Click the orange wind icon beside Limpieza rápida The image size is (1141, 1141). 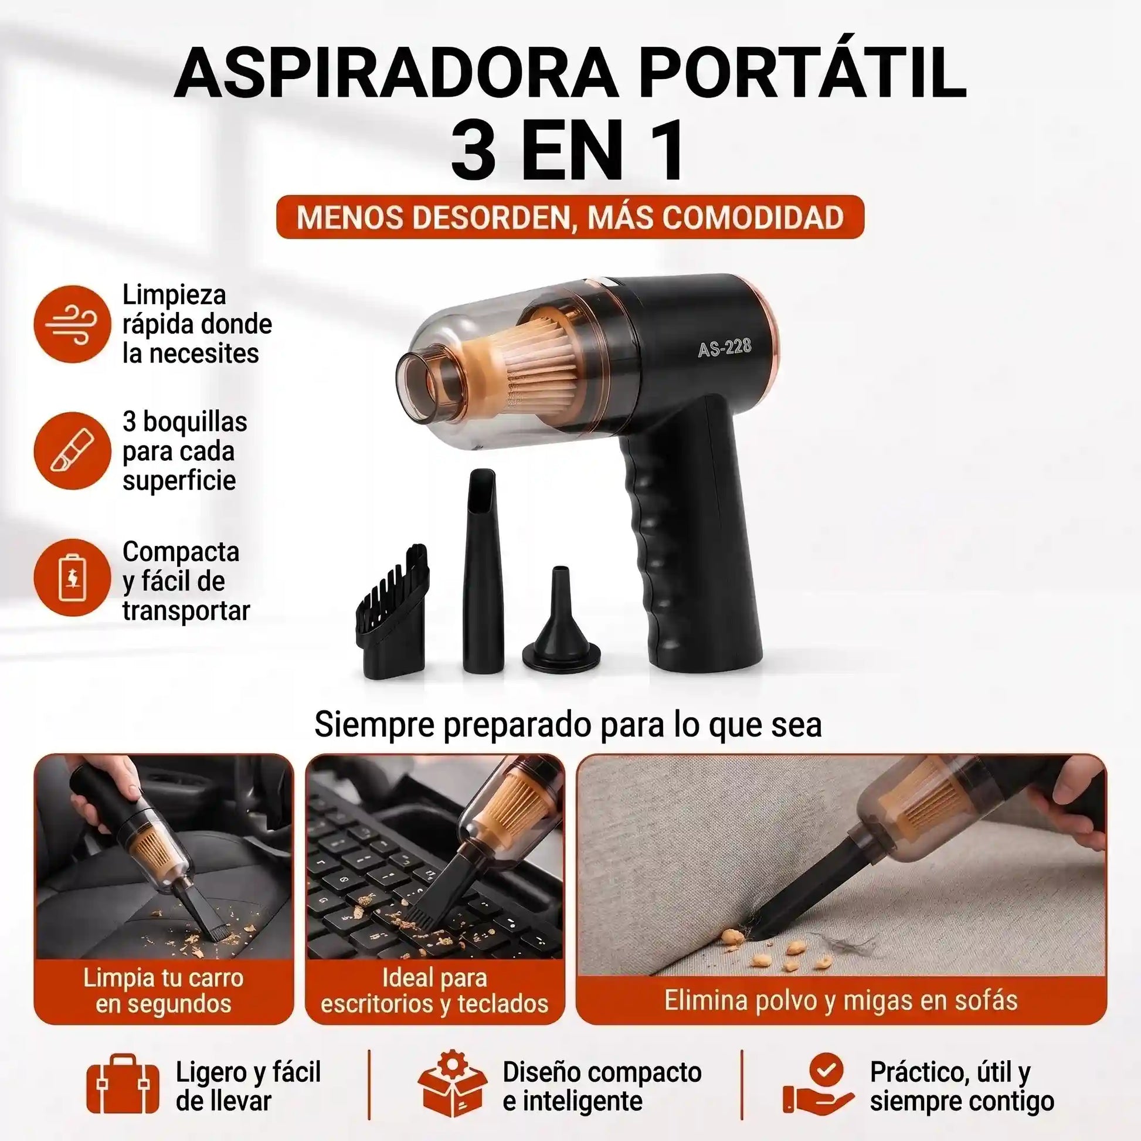(x=72, y=324)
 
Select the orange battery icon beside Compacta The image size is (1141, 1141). (x=72, y=577)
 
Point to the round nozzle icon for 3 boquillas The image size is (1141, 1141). (x=72, y=451)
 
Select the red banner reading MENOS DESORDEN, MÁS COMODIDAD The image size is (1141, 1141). (x=570, y=217)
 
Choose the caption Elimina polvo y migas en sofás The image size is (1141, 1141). (x=841, y=1000)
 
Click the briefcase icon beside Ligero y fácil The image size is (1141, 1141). (x=123, y=1085)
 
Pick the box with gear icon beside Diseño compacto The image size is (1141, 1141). (x=453, y=1084)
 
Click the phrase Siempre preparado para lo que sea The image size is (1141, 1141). (x=568, y=724)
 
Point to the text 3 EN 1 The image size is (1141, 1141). (x=569, y=151)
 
